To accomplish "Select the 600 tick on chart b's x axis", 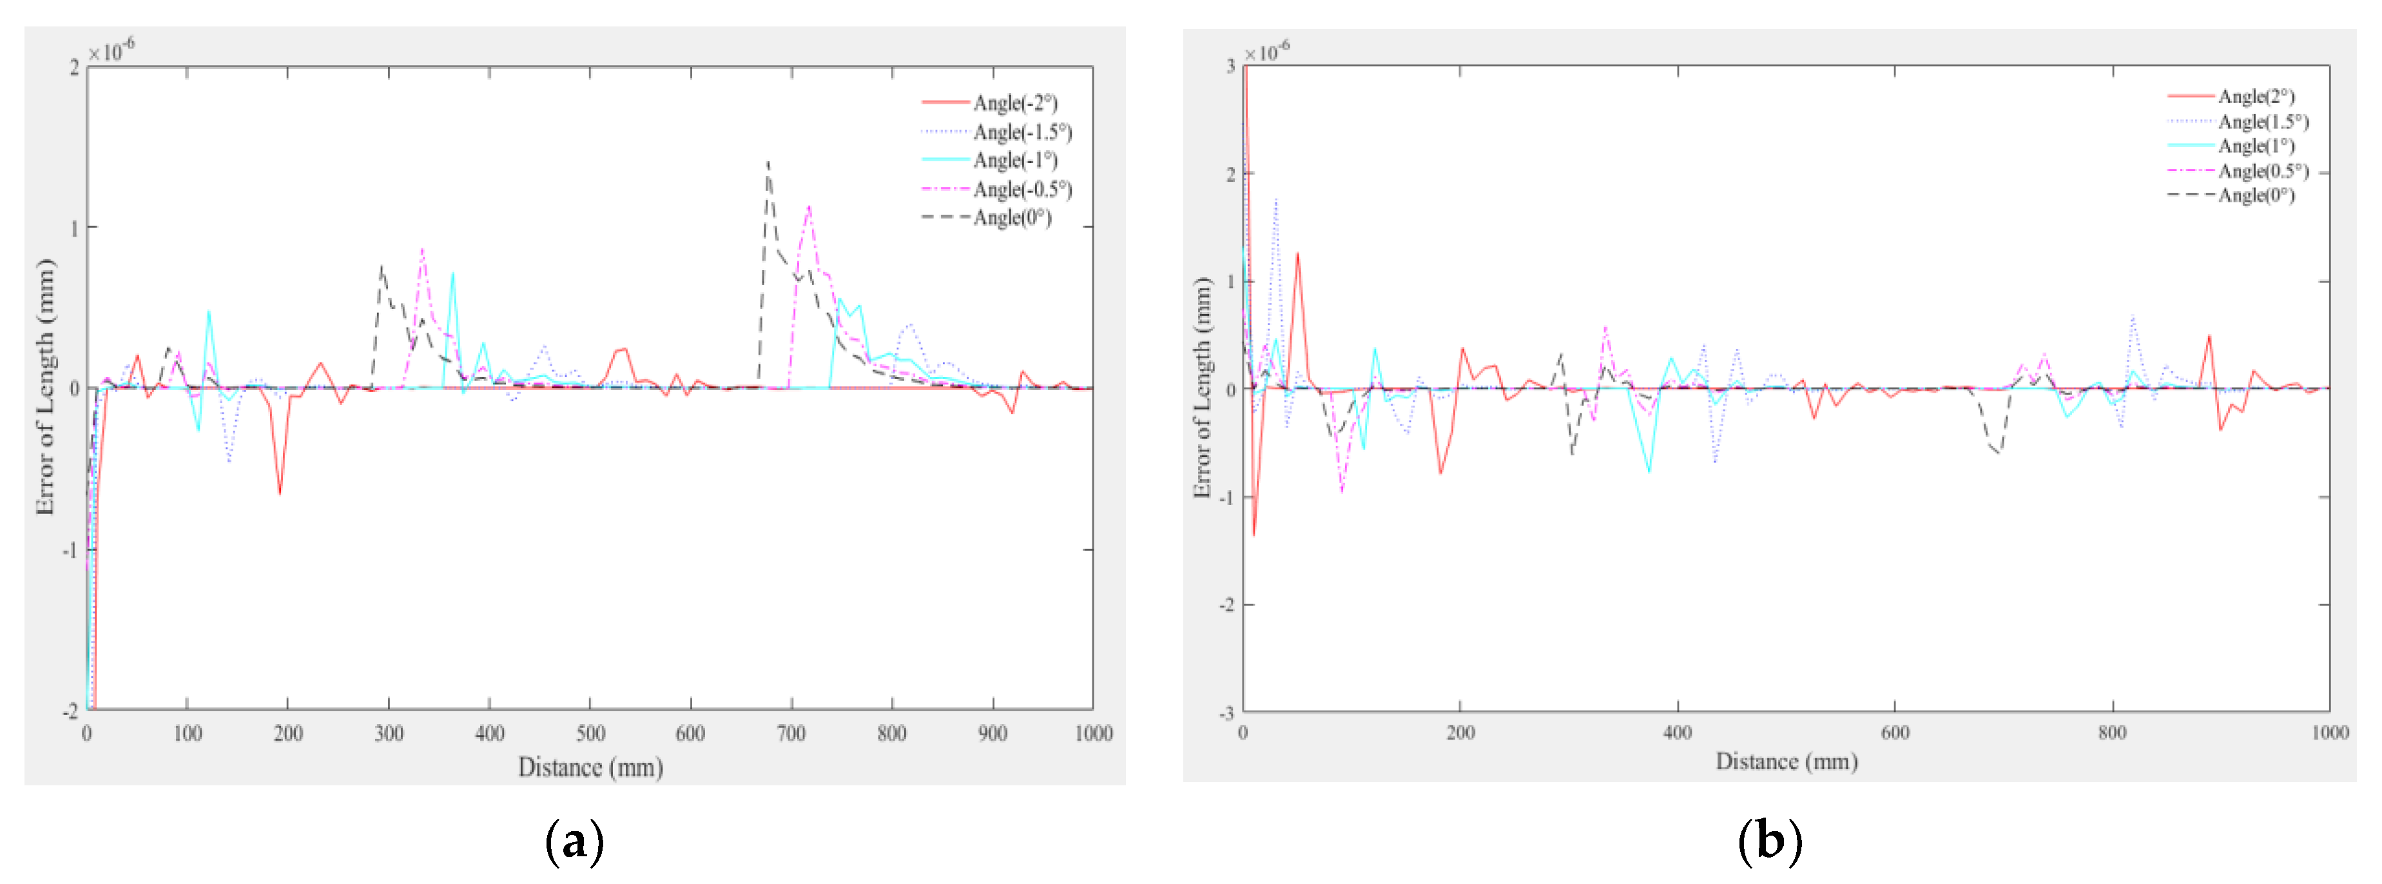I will point(1895,733).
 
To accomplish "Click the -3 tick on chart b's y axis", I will point(1226,713).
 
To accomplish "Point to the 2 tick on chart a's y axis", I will point(74,68).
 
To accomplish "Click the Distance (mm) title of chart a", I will point(590,767).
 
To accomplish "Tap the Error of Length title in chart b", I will point(1202,388).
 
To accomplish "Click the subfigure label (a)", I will point(574,842).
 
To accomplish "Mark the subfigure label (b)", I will point(1769,842).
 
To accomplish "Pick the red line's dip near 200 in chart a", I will point(279,493).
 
